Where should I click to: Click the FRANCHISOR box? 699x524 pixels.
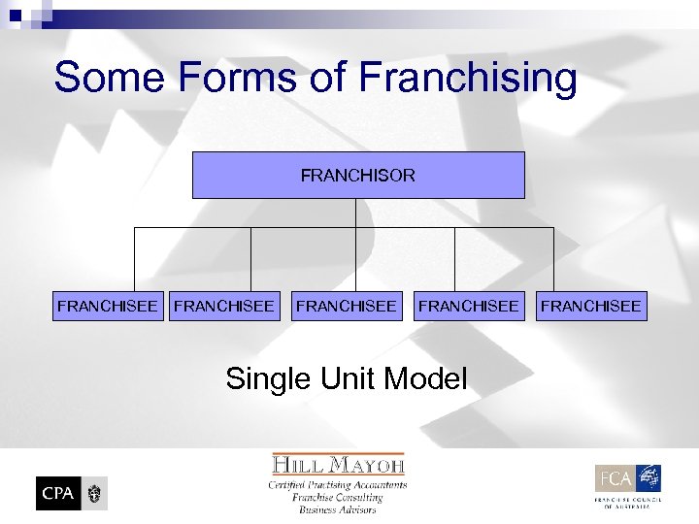pos(358,176)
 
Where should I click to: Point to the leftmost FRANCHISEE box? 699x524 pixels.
pos(107,306)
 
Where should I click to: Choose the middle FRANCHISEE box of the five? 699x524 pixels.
pos(347,306)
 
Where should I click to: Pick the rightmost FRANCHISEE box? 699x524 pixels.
pos(590,306)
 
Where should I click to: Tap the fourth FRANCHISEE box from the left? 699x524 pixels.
pos(468,306)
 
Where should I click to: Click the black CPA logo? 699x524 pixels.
pos(57,493)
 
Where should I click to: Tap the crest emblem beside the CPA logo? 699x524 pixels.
pos(94,493)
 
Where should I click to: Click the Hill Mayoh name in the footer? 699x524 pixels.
pos(338,464)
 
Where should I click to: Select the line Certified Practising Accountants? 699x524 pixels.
pos(338,484)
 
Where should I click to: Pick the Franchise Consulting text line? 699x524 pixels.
pos(338,497)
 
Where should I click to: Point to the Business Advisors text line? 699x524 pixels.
pos(338,509)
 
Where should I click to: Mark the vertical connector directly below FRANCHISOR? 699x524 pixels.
pos(356,213)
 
